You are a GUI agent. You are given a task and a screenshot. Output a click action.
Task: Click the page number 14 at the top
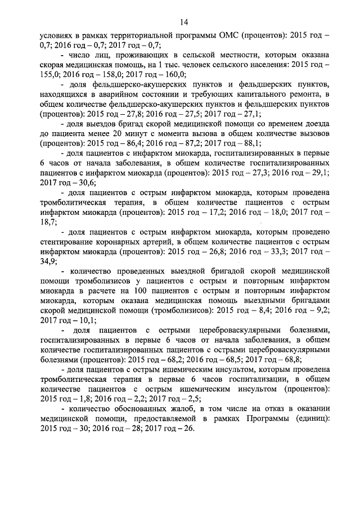click(183, 22)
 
